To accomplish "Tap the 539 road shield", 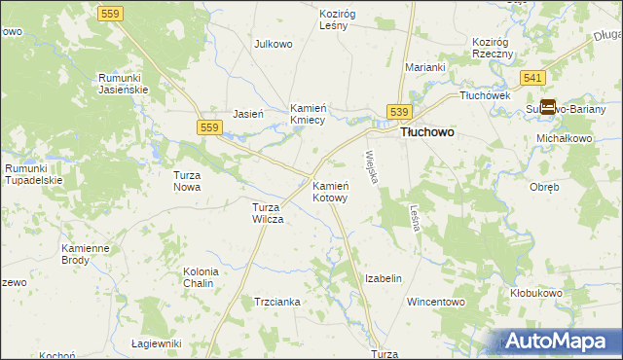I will pyautogui.click(x=400, y=114).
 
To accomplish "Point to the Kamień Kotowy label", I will pyautogui.click(x=330, y=191).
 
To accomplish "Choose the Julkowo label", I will pyautogui.click(x=274, y=45).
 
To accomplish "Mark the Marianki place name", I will pyautogui.click(x=425, y=67).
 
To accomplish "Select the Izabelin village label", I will pyautogui.click(x=383, y=278).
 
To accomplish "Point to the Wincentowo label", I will pyautogui.click(x=436, y=303).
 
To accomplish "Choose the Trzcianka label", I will pyautogui.click(x=277, y=303).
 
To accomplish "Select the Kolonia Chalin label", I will pyautogui.click(x=200, y=277).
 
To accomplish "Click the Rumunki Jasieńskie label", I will pyautogui.click(x=123, y=83).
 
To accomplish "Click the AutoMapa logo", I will pyautogui.click(x=560, y=341).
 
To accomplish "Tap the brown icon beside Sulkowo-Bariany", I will pyautogui.click(x=548, y=107).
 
